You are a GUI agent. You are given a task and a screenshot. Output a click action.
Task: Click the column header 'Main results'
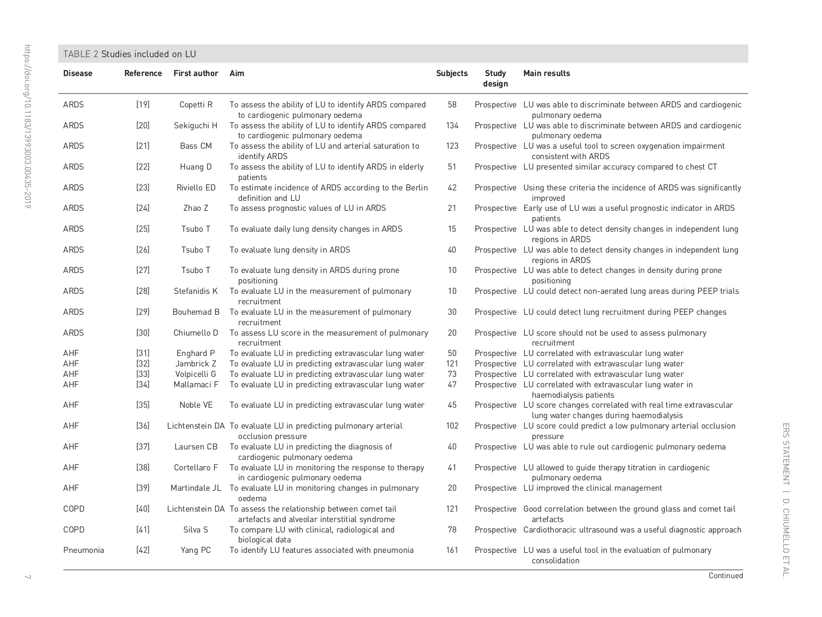pyautogui.click(x=546, y=74)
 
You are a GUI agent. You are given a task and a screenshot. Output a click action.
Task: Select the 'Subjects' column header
pyautogui.click(x=452, y=74)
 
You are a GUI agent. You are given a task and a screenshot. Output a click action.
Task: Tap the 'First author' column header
pyautogui.click(x=196, y=74)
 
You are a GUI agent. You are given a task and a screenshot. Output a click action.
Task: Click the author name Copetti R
pyautogui.click(x=196, y=105)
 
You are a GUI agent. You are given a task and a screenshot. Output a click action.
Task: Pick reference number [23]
pyautogui.click(x=143, y=188)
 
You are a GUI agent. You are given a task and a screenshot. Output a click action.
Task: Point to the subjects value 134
pyautogui.click(x=452, y=126)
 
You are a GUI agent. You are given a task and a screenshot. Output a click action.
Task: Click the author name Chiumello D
pyautogui.click(x=196, y=333)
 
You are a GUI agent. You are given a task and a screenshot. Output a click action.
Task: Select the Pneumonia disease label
pyautogui.click(x=83, y=550)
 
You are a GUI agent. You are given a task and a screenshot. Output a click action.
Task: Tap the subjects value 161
pyautogui.click(x=452, y=550)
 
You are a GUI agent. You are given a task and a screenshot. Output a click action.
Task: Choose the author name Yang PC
pyautogui.click(x=196, y=550)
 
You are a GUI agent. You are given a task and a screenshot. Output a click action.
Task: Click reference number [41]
pyautogui.click(x=143, y=530)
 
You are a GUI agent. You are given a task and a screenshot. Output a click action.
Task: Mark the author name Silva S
pyautogui.click(x=196, y=530)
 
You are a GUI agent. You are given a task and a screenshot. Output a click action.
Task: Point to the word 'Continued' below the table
pyautogui.click(x=726, y=576)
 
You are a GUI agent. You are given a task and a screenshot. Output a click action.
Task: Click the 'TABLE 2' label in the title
pyautogui.click(x=81, y=54)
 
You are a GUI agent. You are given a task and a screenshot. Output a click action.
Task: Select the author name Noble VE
pyautogui.click(x=196, y=405)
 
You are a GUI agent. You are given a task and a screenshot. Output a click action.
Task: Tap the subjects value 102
pyautogui.click(x=452, y=426)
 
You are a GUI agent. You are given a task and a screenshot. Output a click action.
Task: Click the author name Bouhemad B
pyautogui.click(x=196, y=312)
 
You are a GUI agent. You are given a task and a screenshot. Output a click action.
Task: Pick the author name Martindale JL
pyautogui.click(x=196, y=488)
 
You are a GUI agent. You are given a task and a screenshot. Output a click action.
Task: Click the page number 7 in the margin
pyautogui.click(x=28, y=577)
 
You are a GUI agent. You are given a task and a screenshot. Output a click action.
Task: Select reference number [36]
pyautogui.click(x=143, y=426)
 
